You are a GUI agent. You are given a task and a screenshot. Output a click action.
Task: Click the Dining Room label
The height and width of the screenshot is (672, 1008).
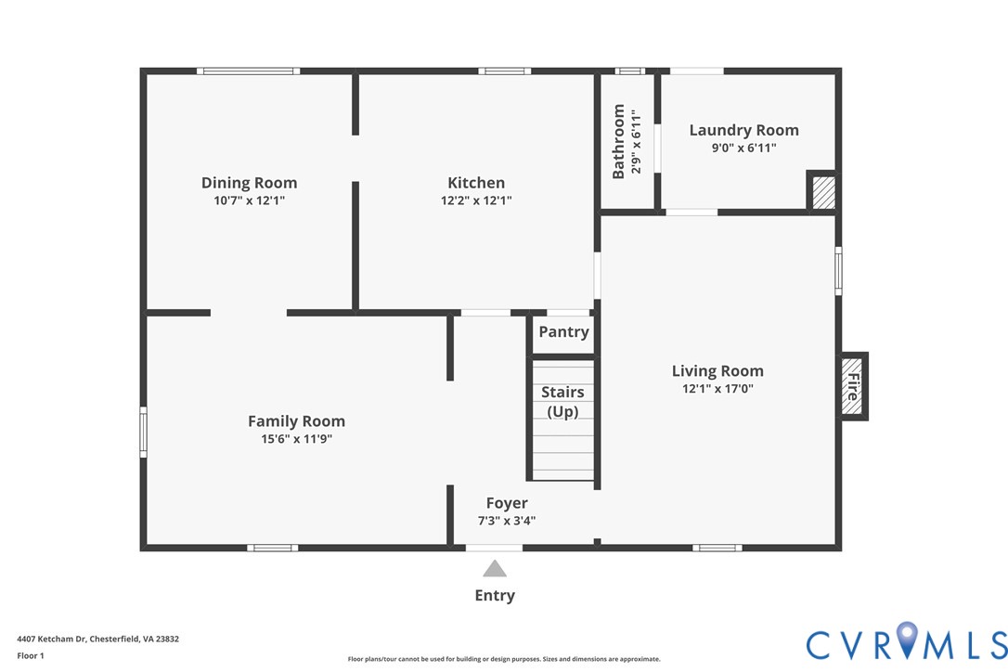coord(249,183)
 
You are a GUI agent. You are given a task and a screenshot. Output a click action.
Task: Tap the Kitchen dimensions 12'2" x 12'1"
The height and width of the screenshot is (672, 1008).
coord(476,200)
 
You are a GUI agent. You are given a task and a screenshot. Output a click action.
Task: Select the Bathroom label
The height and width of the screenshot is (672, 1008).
coord(618,141)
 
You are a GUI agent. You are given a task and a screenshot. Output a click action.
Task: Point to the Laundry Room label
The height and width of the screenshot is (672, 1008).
coord(743,131)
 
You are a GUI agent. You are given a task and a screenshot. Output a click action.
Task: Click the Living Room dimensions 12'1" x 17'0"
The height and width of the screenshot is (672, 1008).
coord(717,388)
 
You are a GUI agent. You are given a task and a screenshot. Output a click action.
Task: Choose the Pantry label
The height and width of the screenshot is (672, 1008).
coord(563,331)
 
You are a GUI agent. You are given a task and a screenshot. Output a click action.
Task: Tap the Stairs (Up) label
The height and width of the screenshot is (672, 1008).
coord(562,401)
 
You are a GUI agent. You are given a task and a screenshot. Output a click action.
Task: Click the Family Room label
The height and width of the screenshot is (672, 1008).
coord(296,421)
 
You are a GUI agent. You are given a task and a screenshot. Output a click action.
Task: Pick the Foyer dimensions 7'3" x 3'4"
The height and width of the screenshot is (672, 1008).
coord(507,521)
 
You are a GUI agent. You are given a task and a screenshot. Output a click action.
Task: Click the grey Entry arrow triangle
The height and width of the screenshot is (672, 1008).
coord(495,568)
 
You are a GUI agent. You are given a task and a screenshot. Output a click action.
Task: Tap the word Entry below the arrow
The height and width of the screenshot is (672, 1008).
coord(495,596)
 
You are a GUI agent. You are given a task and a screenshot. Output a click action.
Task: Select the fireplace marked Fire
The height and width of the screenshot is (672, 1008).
coord(853,386)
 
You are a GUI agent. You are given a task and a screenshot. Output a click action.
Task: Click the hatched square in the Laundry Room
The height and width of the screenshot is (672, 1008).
coord(823,192)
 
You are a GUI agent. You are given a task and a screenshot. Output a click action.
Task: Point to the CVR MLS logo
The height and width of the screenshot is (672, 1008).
coord(907,641)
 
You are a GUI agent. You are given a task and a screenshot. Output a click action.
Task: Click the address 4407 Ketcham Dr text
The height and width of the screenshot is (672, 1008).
coord(97,639)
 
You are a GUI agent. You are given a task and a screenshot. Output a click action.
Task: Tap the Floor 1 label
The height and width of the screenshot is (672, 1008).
coord(31,655)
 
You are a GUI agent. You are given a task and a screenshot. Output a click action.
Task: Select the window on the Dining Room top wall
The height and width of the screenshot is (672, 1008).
coord(248,71)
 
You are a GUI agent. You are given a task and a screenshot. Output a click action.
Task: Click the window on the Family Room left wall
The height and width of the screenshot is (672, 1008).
coord(143,432)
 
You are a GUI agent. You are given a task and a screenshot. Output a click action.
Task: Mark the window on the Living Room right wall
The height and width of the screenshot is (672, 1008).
coord(838,271)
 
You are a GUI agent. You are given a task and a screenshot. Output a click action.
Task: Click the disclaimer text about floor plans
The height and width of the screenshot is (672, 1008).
coord(504,659)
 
